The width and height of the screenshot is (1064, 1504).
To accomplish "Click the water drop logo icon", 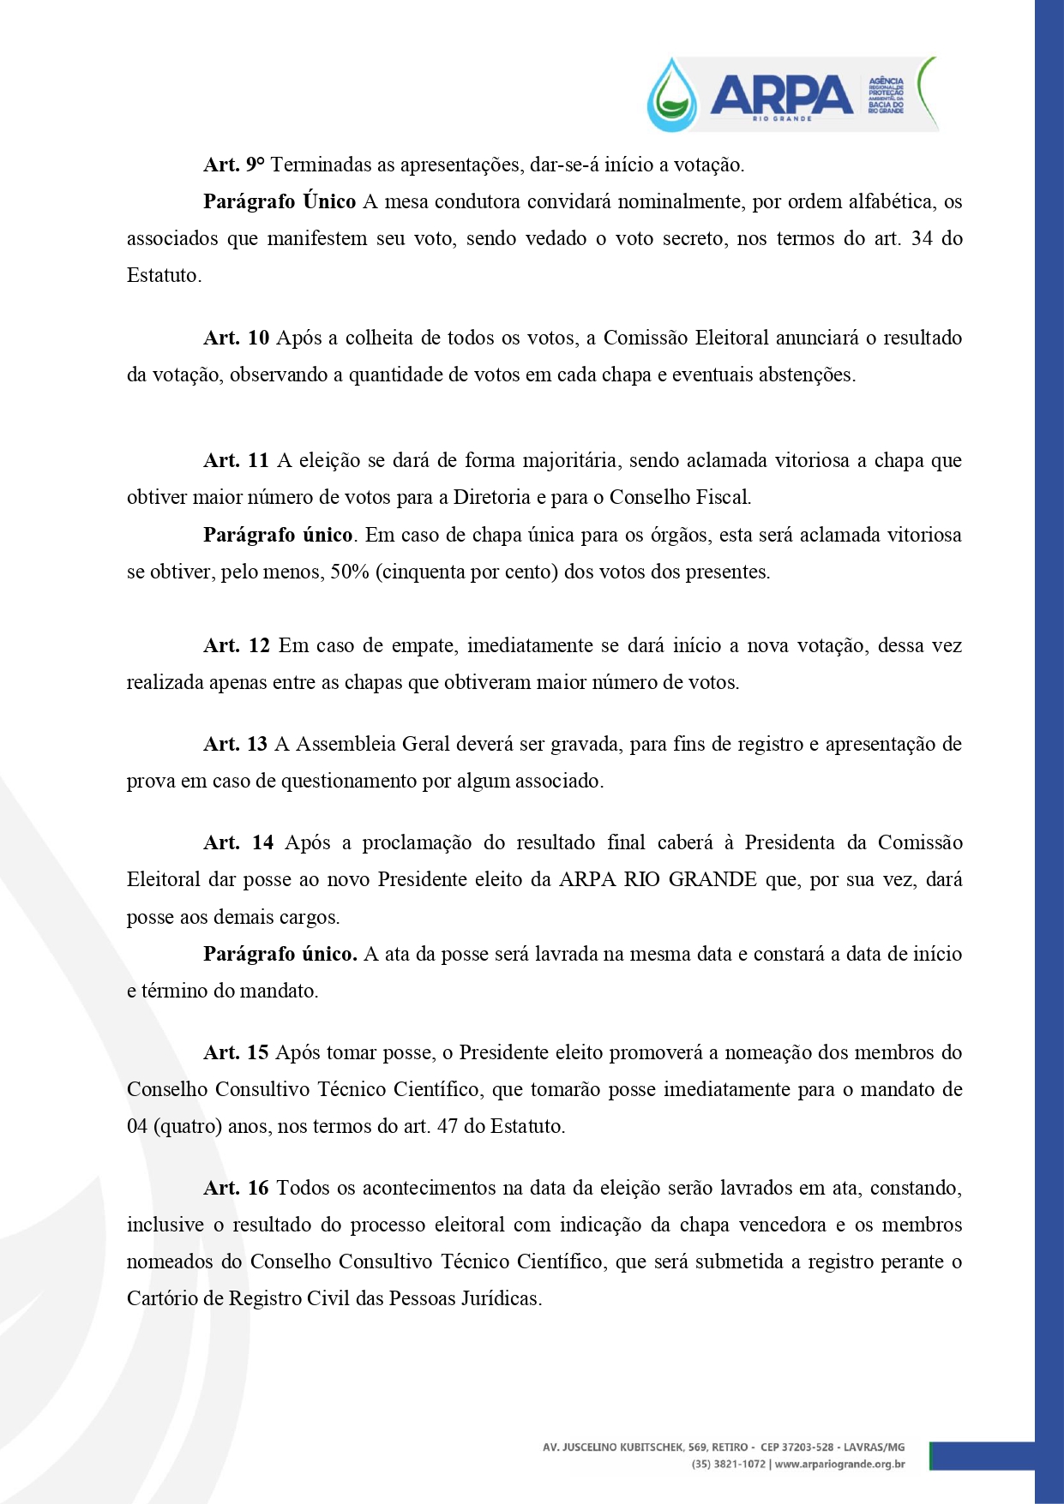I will tap(673, 95).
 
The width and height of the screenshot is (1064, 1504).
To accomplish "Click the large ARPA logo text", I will tap(781, 93).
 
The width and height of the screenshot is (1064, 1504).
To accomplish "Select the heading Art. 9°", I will tap(234, 165).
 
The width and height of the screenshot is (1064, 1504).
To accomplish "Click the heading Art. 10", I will tap(237, 338).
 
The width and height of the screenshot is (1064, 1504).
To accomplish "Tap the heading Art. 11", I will tap(237, 460).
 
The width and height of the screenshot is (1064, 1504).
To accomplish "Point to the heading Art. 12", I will tap(237, 645).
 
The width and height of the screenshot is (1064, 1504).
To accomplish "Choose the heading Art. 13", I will tap(236, 744).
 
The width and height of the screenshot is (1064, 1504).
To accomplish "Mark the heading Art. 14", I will tap(238, 842).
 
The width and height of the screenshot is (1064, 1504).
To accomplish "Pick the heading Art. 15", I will tap(237, 1052).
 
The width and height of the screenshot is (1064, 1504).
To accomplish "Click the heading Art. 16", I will tap(237, 1188).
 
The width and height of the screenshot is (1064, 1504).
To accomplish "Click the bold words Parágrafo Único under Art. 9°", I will tap(280, 201).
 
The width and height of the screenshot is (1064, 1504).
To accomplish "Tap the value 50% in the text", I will tap(350, 572).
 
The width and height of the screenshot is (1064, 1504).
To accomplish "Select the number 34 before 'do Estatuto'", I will tap(922, 238).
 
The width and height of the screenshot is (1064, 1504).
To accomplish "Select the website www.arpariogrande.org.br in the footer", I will tap(839, 1464).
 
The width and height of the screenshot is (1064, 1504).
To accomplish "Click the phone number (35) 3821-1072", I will tap(729, 1464).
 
